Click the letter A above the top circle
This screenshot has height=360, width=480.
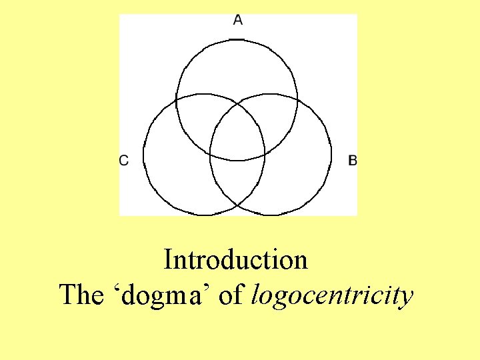coord(238,20)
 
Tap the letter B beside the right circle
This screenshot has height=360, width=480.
coord(353,159)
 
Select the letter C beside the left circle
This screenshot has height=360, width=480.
coord(124,159)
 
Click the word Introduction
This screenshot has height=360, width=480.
coord(236,259)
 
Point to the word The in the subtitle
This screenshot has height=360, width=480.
coord(79,295)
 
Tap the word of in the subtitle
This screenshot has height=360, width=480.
coord(231,295)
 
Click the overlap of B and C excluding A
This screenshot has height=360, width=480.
coord(237,183)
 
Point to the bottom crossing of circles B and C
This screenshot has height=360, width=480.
coord(237,206)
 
